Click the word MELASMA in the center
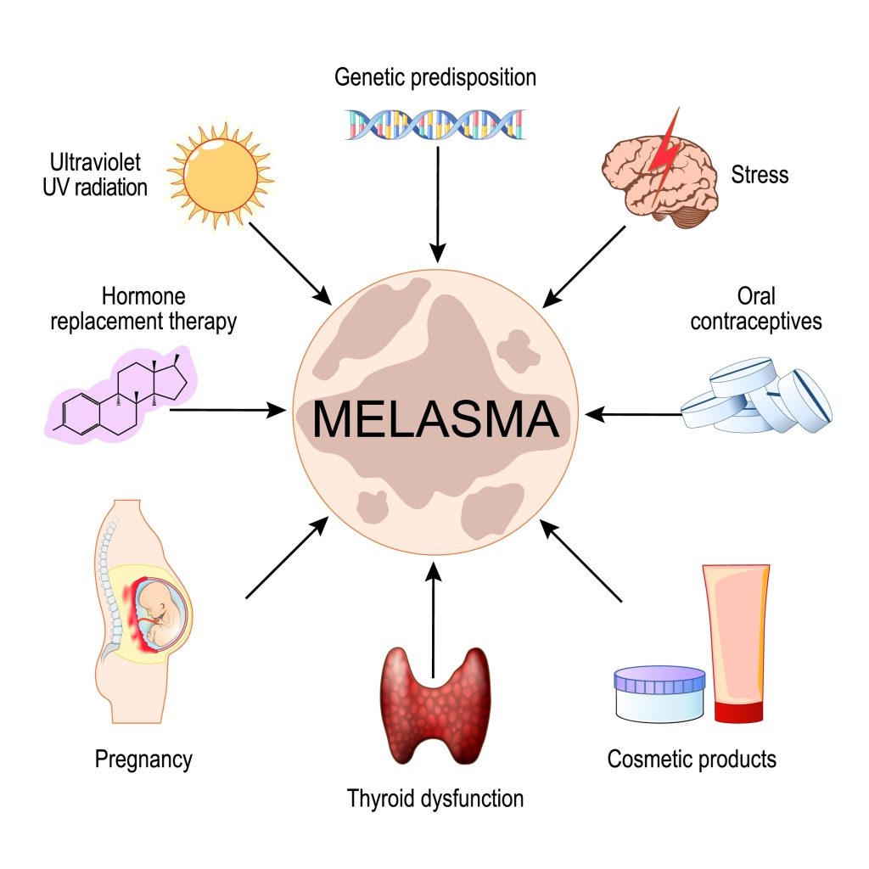(x=435, y=419)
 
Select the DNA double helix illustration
(x=435, y=124)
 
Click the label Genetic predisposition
(x=435, y=78)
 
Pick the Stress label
(x=760, y=175)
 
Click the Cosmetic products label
(x=692, y=758)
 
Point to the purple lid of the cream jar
(x=659, y=679)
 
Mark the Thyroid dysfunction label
(x=435, y=798)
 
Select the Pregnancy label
(x=143, y=758)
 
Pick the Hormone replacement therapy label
(x=143, y=310)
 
